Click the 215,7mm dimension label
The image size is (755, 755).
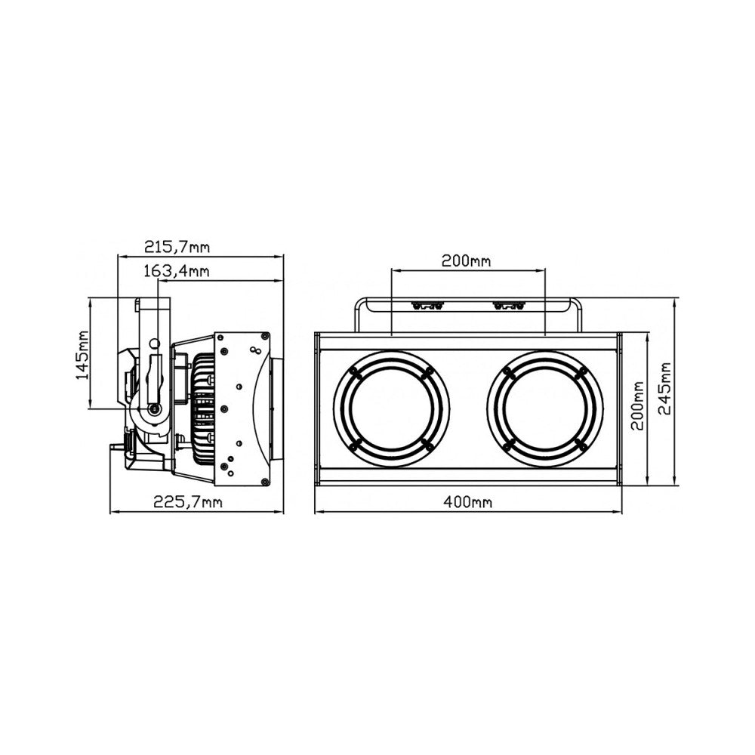click(177, 247)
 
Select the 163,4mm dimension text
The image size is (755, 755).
click(177, 271)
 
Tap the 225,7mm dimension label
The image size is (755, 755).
click(188, 502)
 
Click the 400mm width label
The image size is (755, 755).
click(468, 502)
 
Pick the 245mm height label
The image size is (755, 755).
click(665, 389)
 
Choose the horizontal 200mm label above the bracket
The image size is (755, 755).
click(466, 261)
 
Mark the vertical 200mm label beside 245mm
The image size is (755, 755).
click(637, 405)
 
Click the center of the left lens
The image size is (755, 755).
click(391, 408)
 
